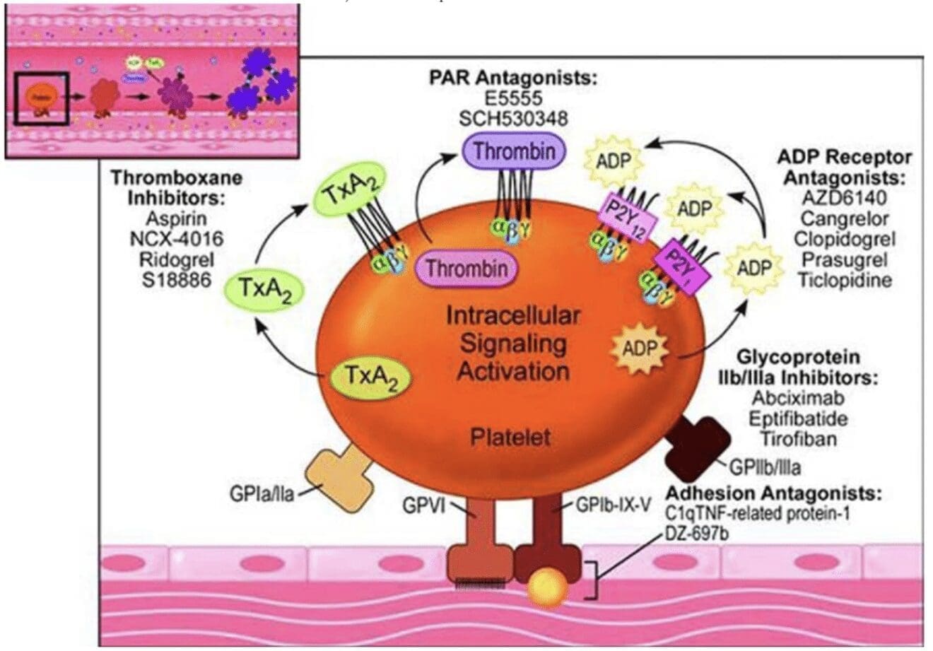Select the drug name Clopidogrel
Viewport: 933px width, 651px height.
844,239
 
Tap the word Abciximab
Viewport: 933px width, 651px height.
798,398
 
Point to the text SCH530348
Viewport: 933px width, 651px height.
513,118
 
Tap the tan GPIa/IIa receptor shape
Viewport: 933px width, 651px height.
339,477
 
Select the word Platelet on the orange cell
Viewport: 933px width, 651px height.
510,437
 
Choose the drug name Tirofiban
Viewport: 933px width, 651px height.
798,438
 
